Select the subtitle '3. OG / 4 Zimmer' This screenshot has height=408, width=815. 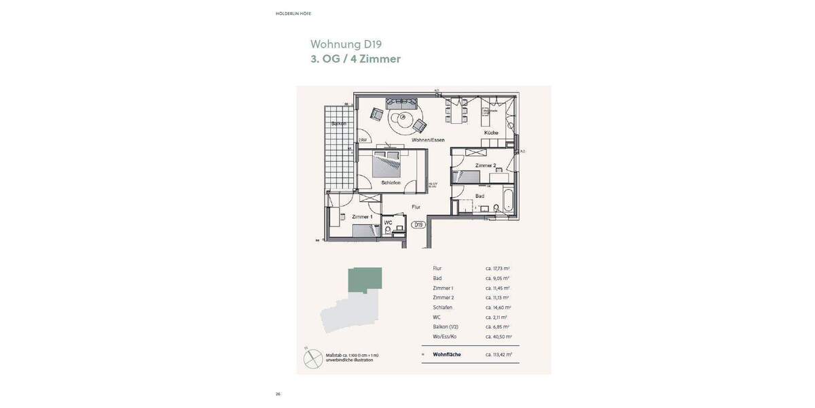click(x=355, y=59)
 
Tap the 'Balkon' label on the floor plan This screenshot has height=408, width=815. click(x=338, y=124)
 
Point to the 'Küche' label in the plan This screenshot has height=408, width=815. click(x=491, y=133)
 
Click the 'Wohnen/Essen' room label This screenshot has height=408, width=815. click(x=427, y=139)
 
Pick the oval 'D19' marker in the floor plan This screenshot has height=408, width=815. click(x=418, y=224)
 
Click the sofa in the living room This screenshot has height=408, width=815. click(x=401, y=103)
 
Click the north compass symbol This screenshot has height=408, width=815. click(x=313, y=358)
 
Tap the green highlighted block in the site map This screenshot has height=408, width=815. click(x=365, y=279)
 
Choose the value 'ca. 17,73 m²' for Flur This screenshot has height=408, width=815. click(x=497, y=269)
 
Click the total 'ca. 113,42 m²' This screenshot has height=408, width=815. click(x=498, y=354)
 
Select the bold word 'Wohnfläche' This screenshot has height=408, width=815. click(x=447, y=354)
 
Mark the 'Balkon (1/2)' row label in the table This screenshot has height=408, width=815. click(x=446, y=327)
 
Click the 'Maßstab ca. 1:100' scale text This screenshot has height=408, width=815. click(x=352, y=356)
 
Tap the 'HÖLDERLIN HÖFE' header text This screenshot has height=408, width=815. click(x=293, y=14)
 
